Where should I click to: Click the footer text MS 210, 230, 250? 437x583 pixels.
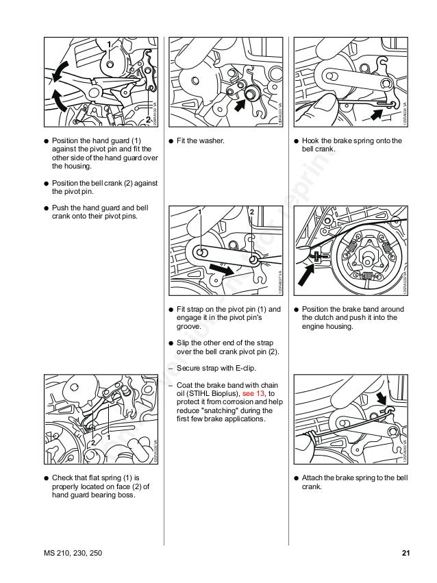71,553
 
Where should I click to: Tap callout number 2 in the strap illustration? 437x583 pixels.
251,212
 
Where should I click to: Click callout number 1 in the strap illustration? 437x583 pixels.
201,212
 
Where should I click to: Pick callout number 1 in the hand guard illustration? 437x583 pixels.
108,44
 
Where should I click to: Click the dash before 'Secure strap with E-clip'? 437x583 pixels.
170,367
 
